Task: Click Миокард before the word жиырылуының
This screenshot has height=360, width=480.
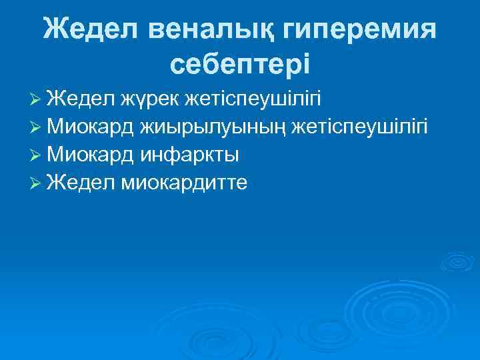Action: [x=91, y=127]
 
